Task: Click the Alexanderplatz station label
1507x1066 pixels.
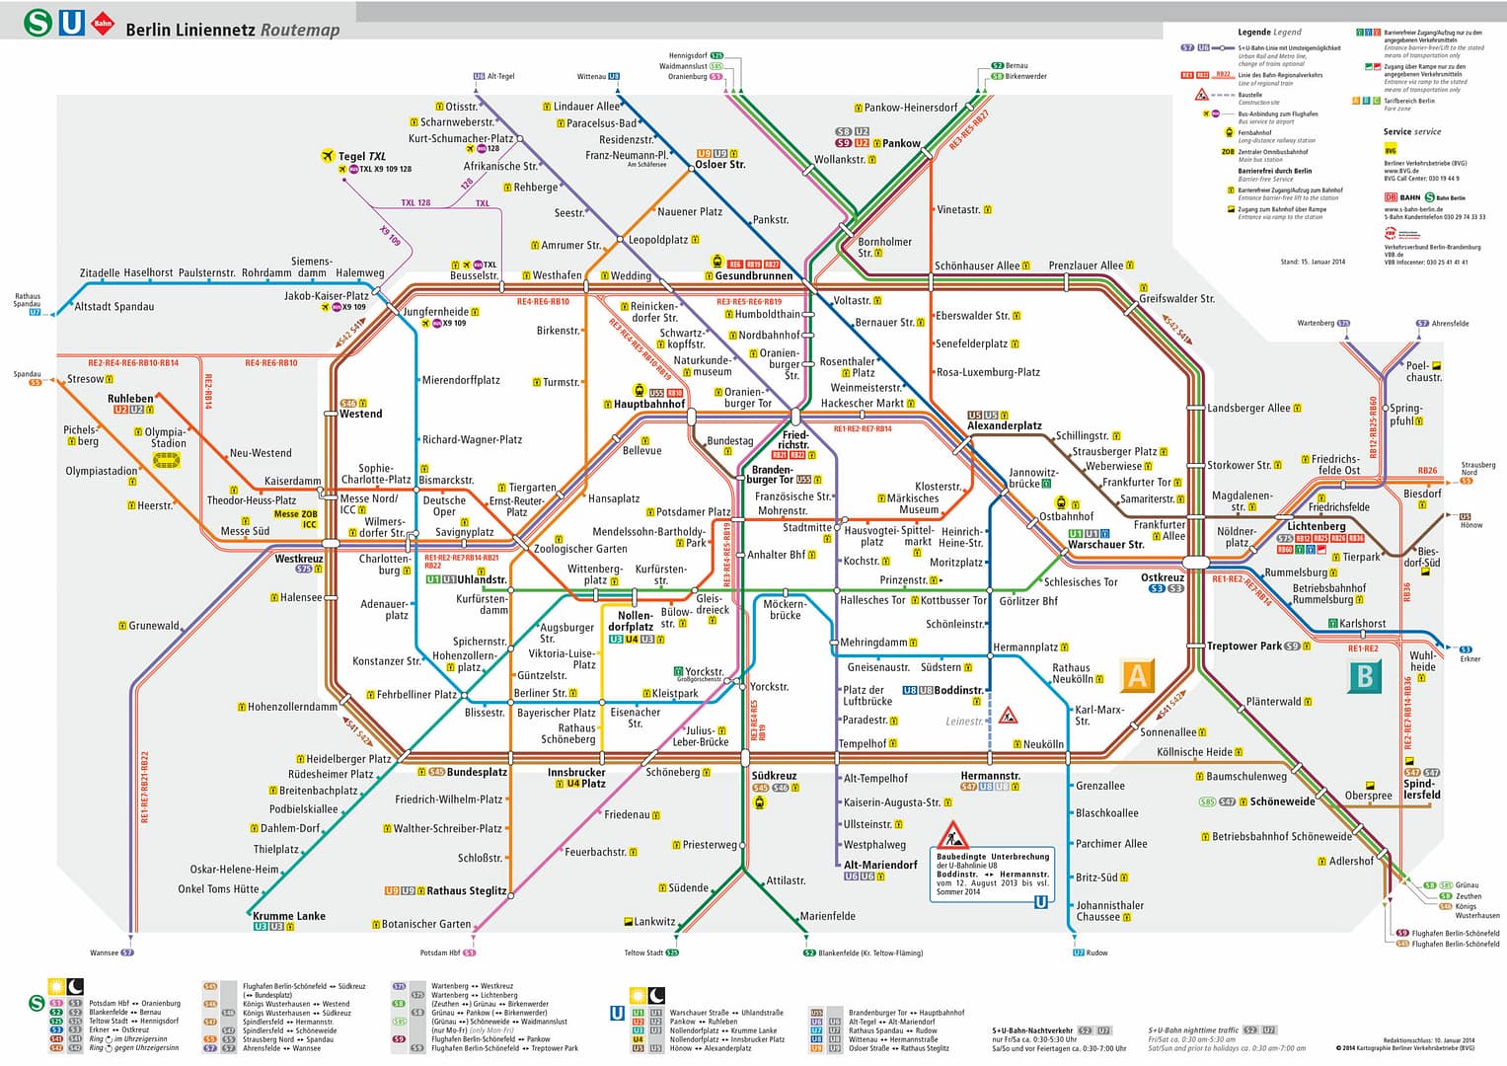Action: [1004, 426]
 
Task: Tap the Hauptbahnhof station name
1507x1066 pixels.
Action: [648, 404]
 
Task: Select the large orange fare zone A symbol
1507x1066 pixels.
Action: [1137, 676]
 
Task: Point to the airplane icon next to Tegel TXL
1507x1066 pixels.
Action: [329, 156]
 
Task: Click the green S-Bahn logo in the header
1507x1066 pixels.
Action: [38, 23]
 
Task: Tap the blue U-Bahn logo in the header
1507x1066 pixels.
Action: [71, 23]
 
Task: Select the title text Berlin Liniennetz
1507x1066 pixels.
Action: [190, 30]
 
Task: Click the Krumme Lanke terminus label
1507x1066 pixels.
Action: [289, 916]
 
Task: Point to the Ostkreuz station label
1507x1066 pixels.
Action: [1162, 577]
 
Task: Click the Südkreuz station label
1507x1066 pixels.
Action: [774, 776]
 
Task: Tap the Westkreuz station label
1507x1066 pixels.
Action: [299, 559]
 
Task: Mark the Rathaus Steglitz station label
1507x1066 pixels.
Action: [466, 890]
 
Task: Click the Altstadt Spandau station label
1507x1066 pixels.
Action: [114, 307]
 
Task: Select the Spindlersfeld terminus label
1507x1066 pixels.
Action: [1421, 789]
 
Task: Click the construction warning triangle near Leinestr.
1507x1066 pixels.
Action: [1008, 716]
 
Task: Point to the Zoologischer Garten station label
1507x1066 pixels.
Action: [580, 549]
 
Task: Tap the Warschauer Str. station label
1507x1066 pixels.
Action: [1105, 544]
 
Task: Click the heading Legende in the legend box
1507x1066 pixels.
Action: [1254, 32]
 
